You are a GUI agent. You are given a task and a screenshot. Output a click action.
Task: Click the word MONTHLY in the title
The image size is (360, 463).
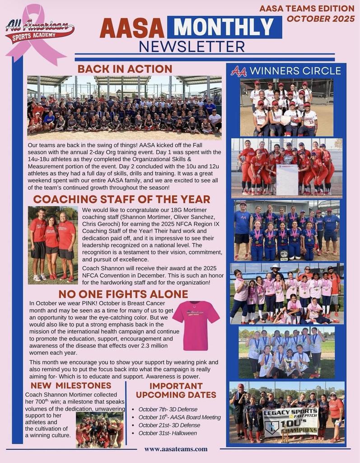224,28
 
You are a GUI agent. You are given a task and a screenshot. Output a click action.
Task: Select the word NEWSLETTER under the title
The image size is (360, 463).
192,47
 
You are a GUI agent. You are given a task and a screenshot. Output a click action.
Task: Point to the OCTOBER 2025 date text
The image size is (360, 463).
320,19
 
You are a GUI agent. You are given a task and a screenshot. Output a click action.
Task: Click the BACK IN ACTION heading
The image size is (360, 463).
125,69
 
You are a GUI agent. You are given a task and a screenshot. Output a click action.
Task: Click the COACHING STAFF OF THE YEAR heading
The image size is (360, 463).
122,199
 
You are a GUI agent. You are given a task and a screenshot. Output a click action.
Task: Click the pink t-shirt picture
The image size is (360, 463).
196,324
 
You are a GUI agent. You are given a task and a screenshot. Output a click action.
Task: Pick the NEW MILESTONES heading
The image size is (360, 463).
70,386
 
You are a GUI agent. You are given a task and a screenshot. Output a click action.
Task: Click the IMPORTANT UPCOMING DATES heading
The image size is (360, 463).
176,390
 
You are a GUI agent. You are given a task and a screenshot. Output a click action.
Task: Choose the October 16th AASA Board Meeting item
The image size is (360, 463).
179,417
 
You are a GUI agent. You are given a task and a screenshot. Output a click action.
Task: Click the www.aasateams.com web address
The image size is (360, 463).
176,449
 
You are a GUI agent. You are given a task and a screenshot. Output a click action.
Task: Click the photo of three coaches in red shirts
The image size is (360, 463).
53,245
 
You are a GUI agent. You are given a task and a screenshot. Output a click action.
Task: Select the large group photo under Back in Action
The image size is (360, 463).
124,108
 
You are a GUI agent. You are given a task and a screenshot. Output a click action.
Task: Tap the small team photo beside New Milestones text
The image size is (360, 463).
99,429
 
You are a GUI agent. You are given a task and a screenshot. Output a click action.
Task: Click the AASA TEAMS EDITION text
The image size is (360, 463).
307,8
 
